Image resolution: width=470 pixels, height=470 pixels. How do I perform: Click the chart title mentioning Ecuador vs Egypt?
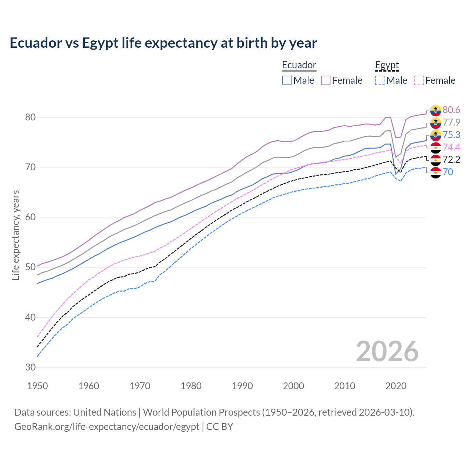(x=163, y=43)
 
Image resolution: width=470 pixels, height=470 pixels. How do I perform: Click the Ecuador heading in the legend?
(x=299, y=65)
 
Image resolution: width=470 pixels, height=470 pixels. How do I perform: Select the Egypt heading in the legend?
(x=387, y=65)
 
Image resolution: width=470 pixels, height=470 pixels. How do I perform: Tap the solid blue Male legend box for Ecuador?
(x=287, y=80)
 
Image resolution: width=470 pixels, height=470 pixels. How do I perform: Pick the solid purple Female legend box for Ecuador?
(x=326, y=80)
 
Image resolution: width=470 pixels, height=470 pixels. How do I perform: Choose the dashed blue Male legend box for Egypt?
(x=380, y=80)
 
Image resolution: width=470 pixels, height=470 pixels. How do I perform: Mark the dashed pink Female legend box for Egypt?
(x=419, y=80)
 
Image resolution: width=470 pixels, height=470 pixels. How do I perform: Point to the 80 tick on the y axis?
(x=30, y=117)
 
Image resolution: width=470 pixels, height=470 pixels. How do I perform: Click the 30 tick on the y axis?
(x=30, y=367)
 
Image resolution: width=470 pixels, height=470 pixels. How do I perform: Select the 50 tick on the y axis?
(x=30, y=267)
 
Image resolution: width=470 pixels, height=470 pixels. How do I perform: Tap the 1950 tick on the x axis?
(x=38, y=386)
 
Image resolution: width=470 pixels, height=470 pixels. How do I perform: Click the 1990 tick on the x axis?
(x=242, y=386)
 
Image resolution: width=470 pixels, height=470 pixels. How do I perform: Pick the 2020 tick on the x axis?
(x=396, y=386)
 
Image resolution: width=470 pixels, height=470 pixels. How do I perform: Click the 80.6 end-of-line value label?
(x=451, y=110)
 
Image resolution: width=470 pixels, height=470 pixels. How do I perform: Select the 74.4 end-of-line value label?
(x=451, y=147)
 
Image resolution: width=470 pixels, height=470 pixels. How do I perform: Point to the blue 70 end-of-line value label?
(x=448, y=172)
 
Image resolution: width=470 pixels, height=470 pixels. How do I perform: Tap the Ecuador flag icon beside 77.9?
(x=435, y=123)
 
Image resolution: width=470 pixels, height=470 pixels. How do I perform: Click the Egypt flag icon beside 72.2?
(x=435, y=160)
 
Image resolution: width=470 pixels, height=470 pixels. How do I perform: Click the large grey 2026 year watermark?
(x=387, y=351)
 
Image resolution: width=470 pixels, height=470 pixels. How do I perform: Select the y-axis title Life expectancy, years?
(x=16, y=235)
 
